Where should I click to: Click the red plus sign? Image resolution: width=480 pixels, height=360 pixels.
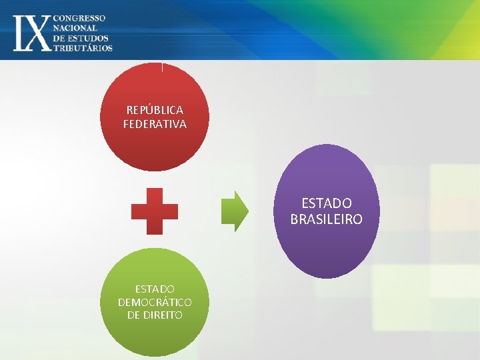[155, 211]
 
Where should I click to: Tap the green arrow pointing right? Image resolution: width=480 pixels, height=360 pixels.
[235, 211]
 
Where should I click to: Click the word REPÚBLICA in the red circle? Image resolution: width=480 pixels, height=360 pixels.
[155, 110]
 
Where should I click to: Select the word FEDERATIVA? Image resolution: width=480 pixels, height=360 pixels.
[155, 124]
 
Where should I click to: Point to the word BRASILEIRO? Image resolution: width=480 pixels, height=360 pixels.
[327, 219]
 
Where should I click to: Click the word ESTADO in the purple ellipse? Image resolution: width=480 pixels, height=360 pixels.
[327, 203]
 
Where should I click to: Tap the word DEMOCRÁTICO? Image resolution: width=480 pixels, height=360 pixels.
[155, 302]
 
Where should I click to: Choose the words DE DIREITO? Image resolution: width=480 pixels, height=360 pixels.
[155, 315]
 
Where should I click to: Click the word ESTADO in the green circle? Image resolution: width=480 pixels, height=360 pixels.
[155, 289]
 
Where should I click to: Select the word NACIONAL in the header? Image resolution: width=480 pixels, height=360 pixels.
[75, 28]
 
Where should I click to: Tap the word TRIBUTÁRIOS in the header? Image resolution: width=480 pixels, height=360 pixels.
[83, 47]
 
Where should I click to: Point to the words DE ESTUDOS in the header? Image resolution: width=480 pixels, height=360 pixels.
[81, 38]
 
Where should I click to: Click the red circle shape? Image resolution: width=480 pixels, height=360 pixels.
[155, 147]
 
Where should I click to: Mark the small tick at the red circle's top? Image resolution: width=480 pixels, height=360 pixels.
[161, 66]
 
